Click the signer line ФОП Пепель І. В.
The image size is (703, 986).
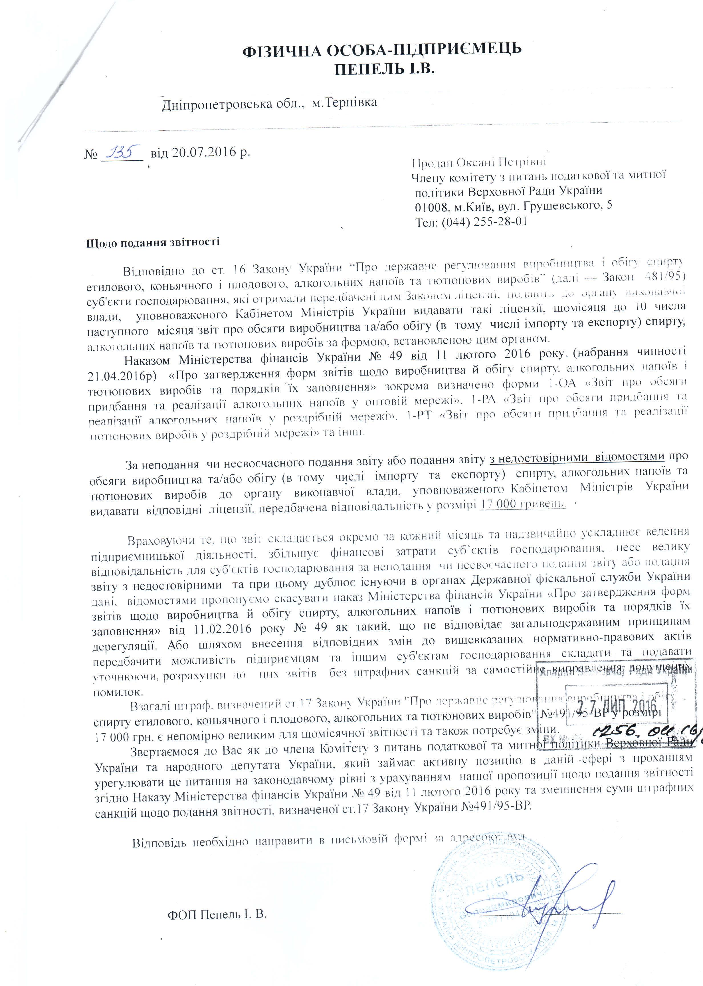tap(217, 902)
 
